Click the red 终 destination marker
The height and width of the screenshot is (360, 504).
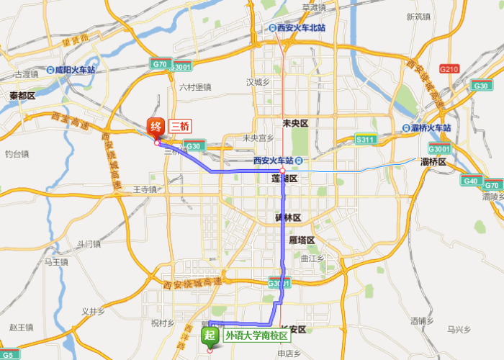[x=156, y=128]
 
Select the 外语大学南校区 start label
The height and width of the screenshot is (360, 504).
[x=256, y=336]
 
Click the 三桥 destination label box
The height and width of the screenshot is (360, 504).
[x=181, y=125]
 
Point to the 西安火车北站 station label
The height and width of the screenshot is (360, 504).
[x=301, y=28]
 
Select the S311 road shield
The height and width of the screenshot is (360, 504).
[x=366, y=140]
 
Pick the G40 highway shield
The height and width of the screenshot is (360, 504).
[x=470, y=181]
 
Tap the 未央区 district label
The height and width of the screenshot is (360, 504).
[x=295, y=124]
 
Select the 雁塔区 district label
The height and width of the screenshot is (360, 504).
[x=302, y=240]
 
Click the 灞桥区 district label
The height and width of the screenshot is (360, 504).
[x=433, y=162]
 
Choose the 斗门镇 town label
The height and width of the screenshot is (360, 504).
[x=89, y=243]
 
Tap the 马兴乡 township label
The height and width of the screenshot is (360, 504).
[x=459, y=330]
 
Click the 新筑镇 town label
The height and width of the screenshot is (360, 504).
[x=418, y=17]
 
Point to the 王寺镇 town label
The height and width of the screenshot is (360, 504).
[x=145, y=189]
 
